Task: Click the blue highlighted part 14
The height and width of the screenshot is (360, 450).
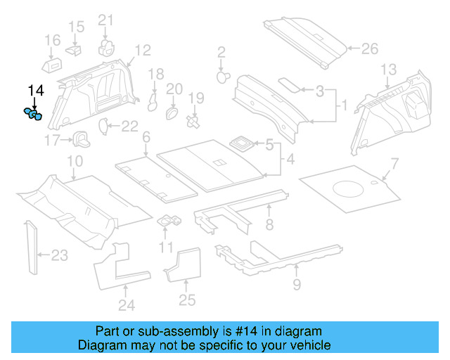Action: [x=33, y=114]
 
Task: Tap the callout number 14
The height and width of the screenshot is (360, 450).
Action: [x=35, y=90]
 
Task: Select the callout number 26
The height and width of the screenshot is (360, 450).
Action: [x=369, y=49]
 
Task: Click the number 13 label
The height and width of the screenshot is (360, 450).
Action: [x=388, y=69]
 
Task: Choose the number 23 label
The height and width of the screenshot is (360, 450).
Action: [x=59, y=255]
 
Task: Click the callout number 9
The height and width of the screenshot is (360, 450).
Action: [x=296, y=284]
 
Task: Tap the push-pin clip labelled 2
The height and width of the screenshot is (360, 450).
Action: [x=223, y=75]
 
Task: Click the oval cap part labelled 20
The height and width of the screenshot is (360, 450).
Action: [x=172, y=112]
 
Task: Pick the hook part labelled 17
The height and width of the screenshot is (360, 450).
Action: [x=80, y=138]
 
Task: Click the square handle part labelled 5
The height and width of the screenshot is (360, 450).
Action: [x=243, y=143]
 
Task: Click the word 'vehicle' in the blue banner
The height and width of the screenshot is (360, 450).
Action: [x=307, y=345]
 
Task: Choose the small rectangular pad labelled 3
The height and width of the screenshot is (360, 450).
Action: [x=288, y=83]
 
